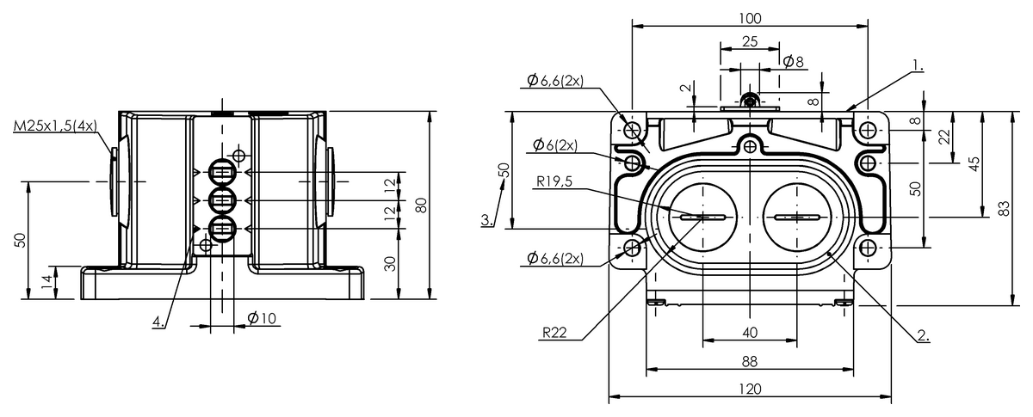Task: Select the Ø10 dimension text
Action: (261, 318)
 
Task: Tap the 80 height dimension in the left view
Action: (421, 205)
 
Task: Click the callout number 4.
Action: (158, 322)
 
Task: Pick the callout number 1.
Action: (919, 64)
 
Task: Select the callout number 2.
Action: (923, 336)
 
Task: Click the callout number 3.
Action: (487, 220)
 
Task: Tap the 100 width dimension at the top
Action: (750, 18)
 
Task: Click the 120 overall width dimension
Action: (750, 389)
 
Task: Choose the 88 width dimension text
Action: (750, 361)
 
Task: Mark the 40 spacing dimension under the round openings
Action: (750, 333)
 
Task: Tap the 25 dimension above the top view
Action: (749, 41)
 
